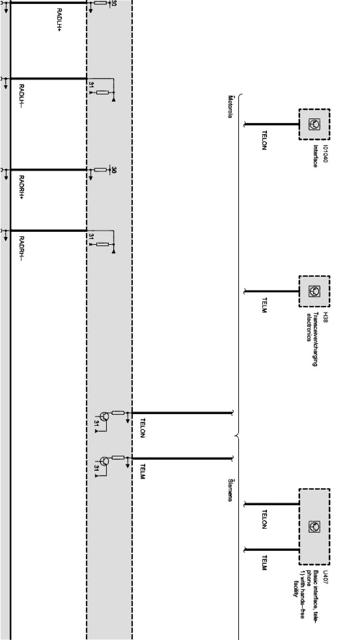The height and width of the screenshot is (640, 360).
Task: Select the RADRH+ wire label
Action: (22, 188)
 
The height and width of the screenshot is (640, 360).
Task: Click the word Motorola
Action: (230, 107)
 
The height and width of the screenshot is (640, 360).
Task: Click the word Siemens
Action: (230, 490)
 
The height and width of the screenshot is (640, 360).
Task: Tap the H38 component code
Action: (326, 317)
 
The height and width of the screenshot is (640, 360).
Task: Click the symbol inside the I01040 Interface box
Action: (314, 125)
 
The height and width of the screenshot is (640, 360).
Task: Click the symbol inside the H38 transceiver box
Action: (314, 291)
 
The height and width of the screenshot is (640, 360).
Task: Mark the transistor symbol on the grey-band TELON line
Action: (105, 416)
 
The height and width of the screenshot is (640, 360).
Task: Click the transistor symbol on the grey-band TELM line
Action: (105, 462)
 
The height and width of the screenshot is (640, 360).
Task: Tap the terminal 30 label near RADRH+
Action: (114, 170)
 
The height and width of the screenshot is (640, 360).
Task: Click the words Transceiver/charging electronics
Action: (312, 339)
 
